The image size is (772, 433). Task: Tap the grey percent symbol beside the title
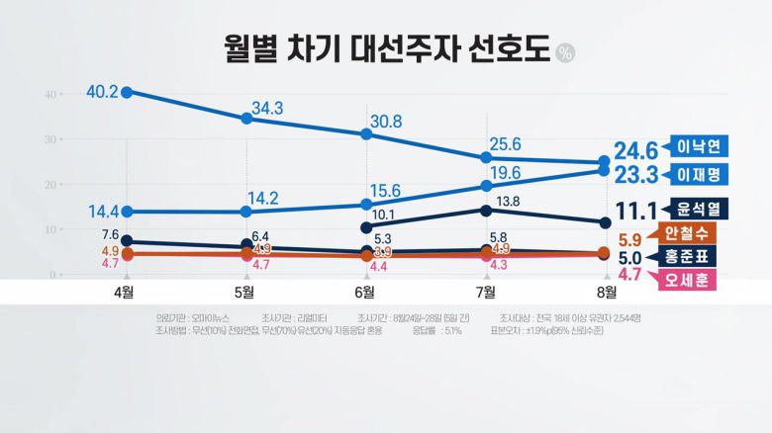pyautogui.click(x=564, y=52)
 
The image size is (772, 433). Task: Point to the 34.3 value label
pyautogui.click(x=267, y=107)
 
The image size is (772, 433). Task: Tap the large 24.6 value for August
pyautogui.click(x=635, y=150)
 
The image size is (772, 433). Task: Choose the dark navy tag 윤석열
pyautogui.click(x=699, y=209)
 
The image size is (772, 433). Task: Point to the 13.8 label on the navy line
pyautogui.click(x=507, y=201)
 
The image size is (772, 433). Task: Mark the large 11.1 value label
pyautogui.click(x=635, y=211)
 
